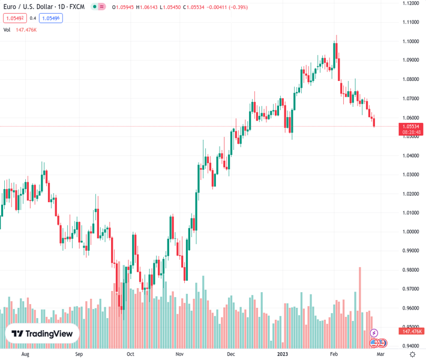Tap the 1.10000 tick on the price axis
click(411, 41)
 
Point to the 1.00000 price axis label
click(411, 232)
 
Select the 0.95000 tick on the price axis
click(411, 327)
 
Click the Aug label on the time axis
click(25, 355)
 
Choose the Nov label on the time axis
click(179, 355)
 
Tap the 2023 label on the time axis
click(283, 355)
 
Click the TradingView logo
click(42, 334)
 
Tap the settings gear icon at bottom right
click(412, 355)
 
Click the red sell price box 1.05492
click(14, 18)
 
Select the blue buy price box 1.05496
click(51, 18)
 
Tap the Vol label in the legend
click(7, 29)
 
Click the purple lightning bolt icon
click(374, 333)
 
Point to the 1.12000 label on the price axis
click(411, 4)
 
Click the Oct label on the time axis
click(130, 355)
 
